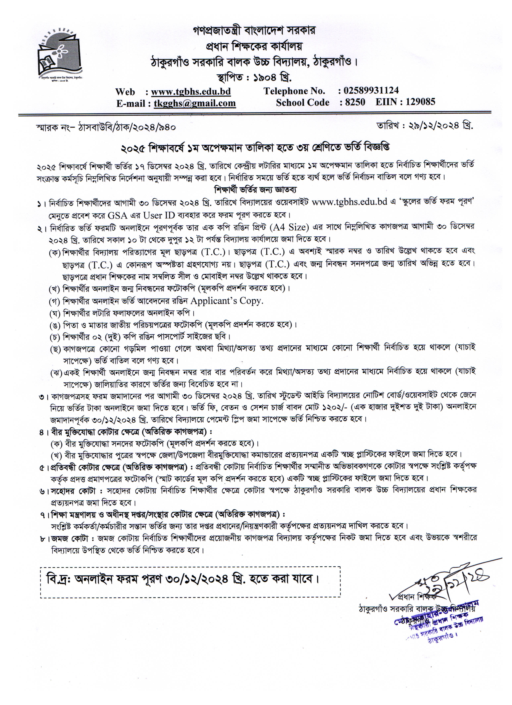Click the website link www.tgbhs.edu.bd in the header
191,92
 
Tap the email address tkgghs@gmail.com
195,103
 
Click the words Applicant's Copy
227,301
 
